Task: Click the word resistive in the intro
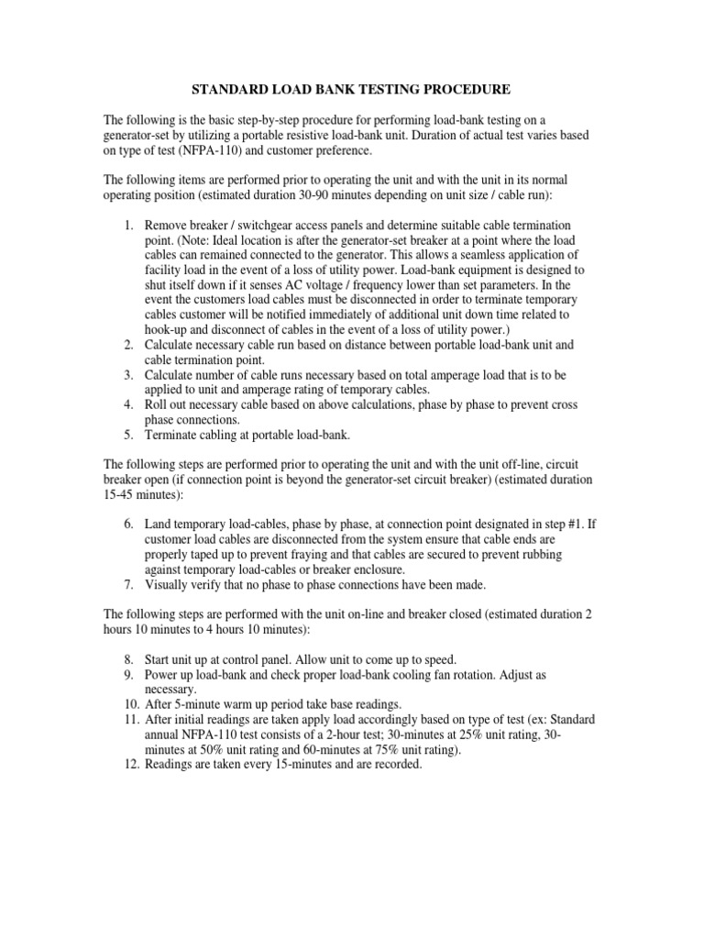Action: tap(353, 135)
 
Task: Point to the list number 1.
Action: tap(128, 225)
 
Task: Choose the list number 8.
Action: tap(128, 659)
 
